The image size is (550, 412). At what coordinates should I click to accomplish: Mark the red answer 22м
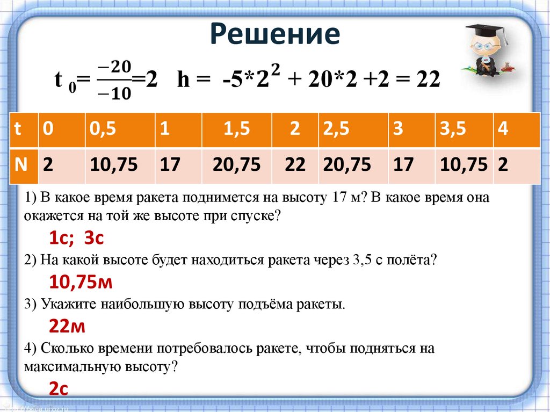[67, 326]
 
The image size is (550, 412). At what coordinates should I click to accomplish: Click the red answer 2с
[59, 388]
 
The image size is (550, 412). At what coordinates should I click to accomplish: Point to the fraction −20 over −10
[114, 80]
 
